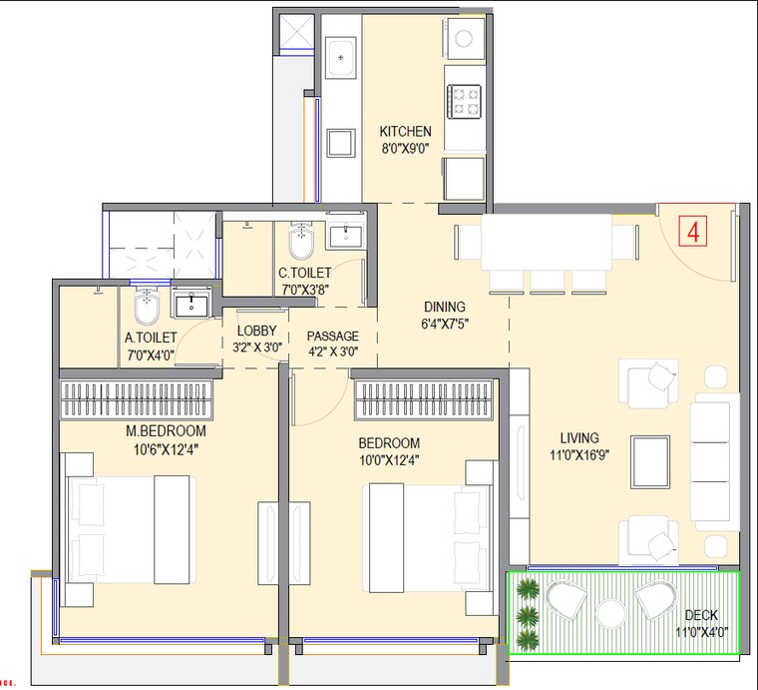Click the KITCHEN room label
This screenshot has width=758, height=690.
click(x=405, y=131)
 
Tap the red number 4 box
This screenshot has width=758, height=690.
click(x=693, y=232)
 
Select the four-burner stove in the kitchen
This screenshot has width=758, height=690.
click(x=464, y=101)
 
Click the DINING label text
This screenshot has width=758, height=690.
click(x=445, y=307)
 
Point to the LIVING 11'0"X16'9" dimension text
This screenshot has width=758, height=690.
click(x=579, y=454)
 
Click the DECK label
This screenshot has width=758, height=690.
click(x=701, y=615)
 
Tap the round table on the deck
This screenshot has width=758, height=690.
click(x=611, y=613)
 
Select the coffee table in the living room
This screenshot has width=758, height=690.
click(x=650, y=461)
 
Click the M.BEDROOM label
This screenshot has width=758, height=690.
click(x=166, y=430)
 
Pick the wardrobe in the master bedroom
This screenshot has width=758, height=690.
click(x=136, y=398)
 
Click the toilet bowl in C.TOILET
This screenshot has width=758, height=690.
click(x=301, y=241)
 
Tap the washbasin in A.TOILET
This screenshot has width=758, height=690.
click(x=191, y=304)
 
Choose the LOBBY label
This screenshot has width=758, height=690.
click(x=256, y=331)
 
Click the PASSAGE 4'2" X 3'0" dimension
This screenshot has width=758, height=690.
click(x=333, y=351)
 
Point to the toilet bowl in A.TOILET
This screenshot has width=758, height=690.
click(x=147, y=307)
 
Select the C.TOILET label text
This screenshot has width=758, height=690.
click(x=305, y=273)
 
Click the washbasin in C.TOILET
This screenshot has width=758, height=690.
click(x=345, y=236)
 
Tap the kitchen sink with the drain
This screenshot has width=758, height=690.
click(x=341, y=58)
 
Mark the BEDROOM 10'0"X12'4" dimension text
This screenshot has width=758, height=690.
click(x=389, y=460)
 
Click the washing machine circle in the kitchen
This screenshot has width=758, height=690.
click(x=464, y=39)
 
